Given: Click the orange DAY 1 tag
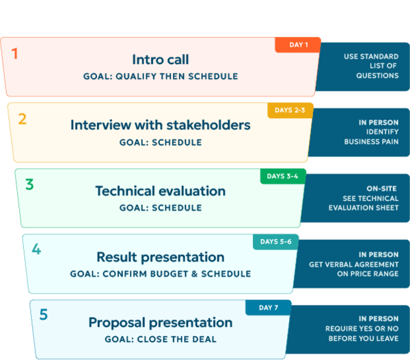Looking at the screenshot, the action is coord(298,44).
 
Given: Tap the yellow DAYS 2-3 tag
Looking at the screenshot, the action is coord(290,111).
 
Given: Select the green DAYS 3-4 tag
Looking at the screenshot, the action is coord(283,176).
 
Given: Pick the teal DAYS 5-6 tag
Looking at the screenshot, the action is coord(275,242).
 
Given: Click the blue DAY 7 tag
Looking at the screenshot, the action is coord(269,307).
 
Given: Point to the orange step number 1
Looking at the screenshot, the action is coord(14,53).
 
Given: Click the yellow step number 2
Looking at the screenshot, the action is coord(23,119).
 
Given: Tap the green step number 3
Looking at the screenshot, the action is coord(29,184).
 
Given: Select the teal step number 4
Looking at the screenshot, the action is coord(36,249).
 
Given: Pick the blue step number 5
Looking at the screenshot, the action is coord(44,314).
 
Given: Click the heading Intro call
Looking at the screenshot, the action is coord(161,59).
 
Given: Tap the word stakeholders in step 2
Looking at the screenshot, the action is coord(208,125).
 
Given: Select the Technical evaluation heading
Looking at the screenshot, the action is coord(161,191).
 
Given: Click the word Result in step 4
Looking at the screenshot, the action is coord(117,257).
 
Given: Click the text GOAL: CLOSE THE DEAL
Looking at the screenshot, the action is coord(161,340).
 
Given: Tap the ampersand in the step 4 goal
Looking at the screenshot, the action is coord(194,274).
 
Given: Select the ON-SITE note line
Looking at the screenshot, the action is coord(381,189).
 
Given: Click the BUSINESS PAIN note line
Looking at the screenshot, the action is coord(371,141).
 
